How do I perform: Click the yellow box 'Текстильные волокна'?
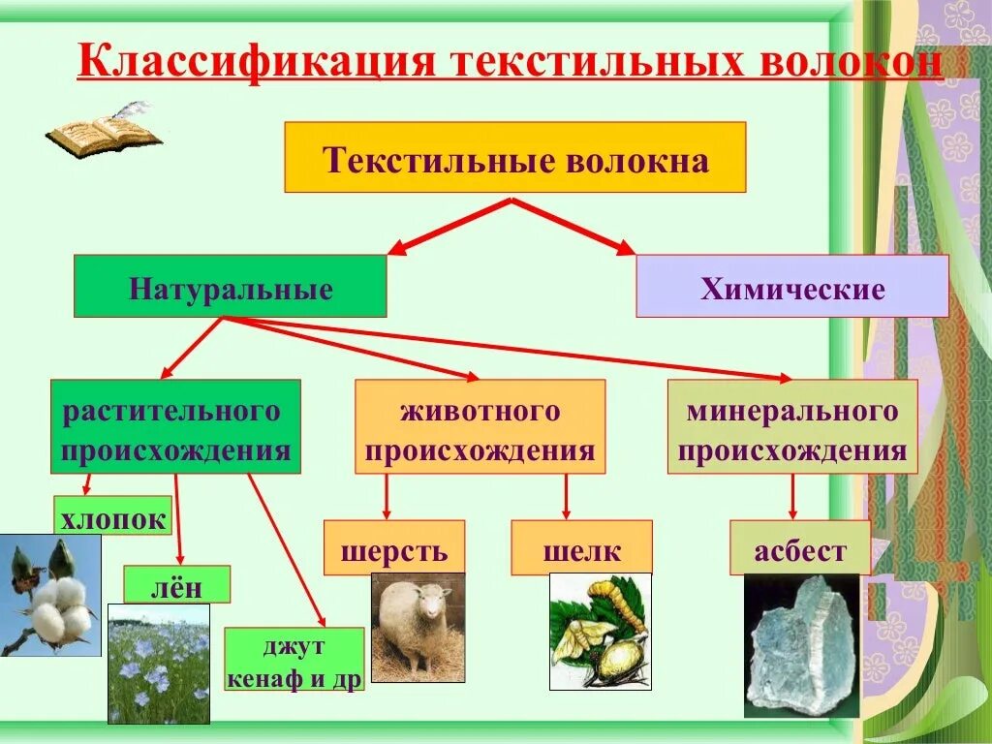tap(514, 157)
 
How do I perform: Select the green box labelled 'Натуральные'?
tap(231, 287)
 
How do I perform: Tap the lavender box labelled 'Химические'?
tap(791, 287)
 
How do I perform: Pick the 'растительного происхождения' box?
tap(175, 426)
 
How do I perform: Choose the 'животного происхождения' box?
tap(480, 426)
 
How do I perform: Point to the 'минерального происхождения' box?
tap(791, 426)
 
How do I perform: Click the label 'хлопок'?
tap(113, 515)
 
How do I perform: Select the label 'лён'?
tap(176, 584)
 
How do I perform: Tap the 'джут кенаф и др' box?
tap(294, 659)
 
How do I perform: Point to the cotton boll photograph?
tap(49, 595)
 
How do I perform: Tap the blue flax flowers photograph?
tap(158, 664)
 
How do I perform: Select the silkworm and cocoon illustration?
tap(598, 631)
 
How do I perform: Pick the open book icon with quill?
tap(103, 130)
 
